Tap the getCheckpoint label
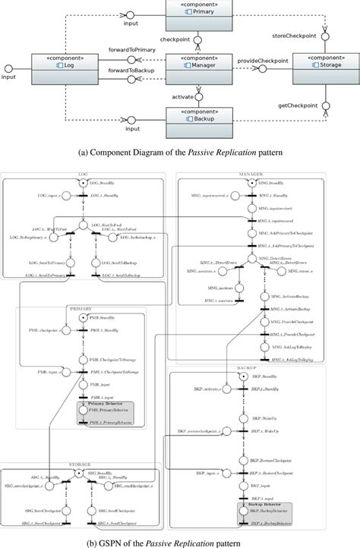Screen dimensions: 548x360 (x=297, y=105)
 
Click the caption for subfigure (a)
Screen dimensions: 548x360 (x=180, y=151)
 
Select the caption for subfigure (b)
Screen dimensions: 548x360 (x=180, y=542)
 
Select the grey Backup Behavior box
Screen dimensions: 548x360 (x=270, y=512)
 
